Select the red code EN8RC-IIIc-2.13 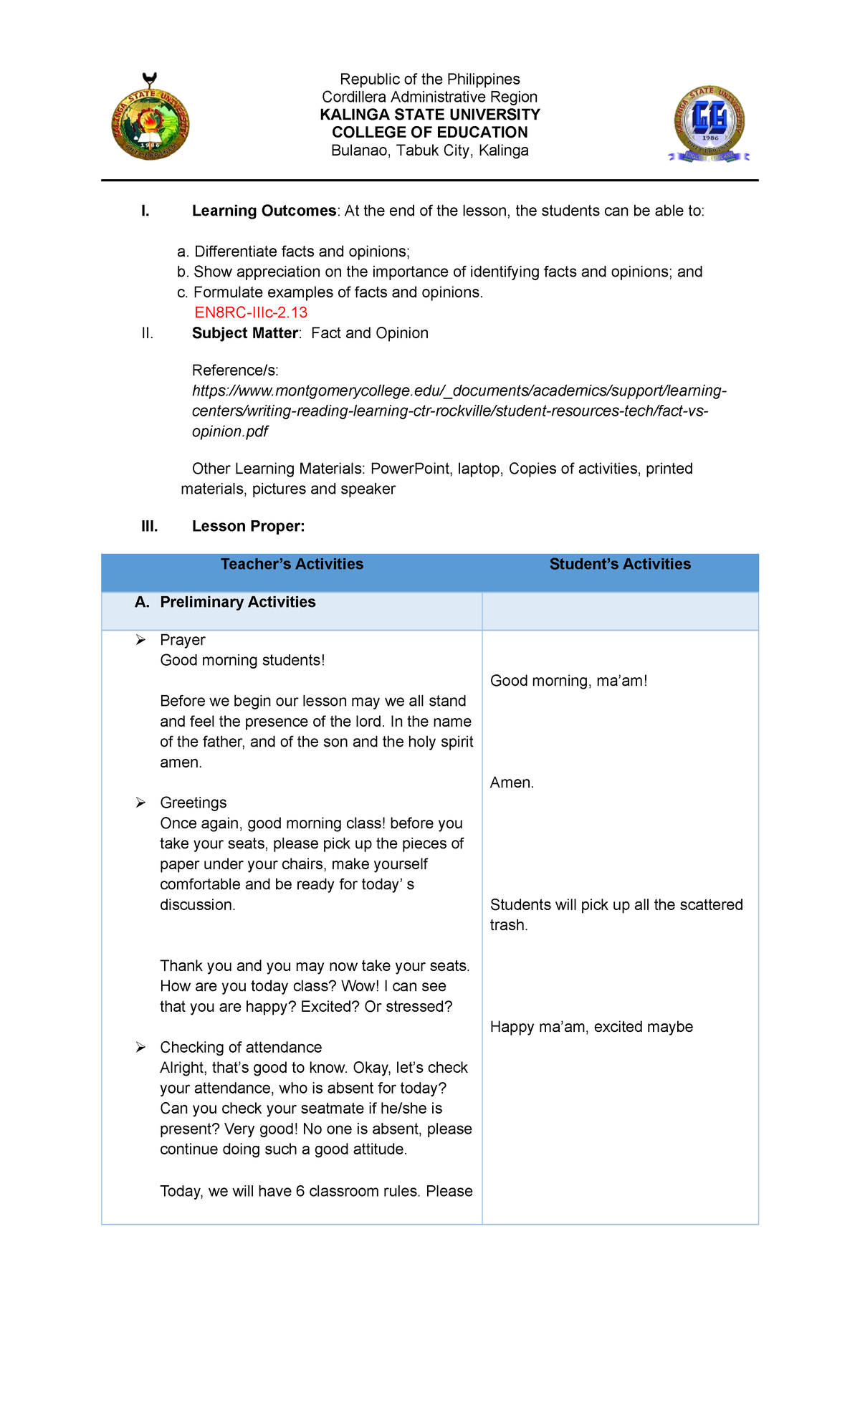tap(251, 312)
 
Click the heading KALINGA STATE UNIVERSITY tap(429, 115)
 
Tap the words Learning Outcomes tap(264, 211)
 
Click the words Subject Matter tap(245, 333)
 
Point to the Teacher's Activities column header tap(292, 564)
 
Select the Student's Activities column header tap(620, 564)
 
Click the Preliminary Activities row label tap(237, 602)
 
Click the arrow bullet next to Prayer tap(141, 640)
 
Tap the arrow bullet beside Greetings tap(141, 803)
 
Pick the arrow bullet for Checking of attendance tap(141, 1048)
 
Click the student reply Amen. tap(512, 783)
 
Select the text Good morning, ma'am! tap(568, 681)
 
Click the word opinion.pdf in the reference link tap(230, 431)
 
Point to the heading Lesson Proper tap(248, 527)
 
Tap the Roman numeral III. tap(149, 527)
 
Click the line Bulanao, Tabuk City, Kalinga tap(429, 150)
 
